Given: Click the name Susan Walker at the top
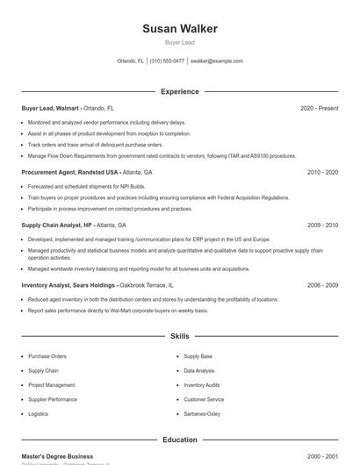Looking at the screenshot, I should pos(179,29).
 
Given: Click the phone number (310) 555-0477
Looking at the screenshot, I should pos(167,61).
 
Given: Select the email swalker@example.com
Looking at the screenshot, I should pos(216,61).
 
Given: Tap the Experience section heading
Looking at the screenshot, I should pos(179,91).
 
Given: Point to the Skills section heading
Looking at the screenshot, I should pos(179,336).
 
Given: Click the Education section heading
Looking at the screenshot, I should pos(179,440).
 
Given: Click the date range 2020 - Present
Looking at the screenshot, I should pos(319,108).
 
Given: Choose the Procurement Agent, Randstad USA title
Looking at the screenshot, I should pos(70,173).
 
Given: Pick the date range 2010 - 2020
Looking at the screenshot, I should pos(322,173).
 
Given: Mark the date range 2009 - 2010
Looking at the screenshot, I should pos(322,225).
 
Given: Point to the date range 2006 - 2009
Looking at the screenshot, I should pos(322,285).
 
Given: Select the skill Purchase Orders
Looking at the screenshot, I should pos(47,357).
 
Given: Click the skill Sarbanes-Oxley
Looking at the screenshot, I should pos(202,413).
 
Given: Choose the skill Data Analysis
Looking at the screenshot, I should pos(199,371).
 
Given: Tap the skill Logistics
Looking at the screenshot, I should pos(38,413).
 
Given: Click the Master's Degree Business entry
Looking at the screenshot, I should pos(57,456).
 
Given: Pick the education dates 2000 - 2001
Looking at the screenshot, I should pos(322,456).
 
